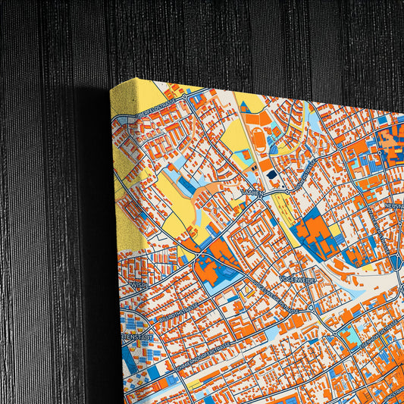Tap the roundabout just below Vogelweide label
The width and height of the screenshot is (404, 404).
click(311, 308)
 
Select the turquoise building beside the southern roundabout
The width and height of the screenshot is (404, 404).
click(349, 333)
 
